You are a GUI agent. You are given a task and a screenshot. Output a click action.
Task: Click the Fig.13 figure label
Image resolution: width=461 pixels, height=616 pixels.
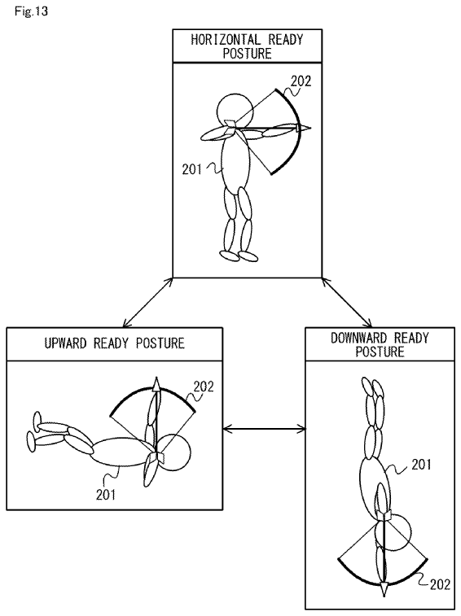31,11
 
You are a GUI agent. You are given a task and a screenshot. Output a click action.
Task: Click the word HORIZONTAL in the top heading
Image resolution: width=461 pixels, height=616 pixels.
226,40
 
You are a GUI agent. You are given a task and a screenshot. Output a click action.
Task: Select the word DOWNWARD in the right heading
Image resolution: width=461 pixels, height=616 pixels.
358,338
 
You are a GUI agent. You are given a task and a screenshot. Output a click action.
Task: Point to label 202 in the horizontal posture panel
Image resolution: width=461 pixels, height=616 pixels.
301,81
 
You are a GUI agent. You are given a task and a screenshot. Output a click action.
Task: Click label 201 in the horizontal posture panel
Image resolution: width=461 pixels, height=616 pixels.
191,169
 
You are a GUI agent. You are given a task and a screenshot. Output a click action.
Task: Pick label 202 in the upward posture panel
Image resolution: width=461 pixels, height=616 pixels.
204,387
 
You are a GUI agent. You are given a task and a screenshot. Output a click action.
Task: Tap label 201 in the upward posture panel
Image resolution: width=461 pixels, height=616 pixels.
106,494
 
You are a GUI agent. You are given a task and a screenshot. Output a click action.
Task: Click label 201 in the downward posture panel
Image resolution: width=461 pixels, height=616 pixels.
421,465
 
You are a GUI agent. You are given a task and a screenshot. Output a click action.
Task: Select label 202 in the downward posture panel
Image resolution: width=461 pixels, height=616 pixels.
440,584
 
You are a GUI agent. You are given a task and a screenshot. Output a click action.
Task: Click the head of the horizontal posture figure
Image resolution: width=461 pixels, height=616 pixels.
235,111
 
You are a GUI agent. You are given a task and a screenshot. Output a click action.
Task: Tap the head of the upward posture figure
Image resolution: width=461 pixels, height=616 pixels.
173,452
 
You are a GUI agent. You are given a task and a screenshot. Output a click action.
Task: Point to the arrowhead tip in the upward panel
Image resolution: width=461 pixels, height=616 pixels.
156,378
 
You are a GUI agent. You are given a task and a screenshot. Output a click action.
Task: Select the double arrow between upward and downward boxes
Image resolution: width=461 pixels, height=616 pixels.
264,428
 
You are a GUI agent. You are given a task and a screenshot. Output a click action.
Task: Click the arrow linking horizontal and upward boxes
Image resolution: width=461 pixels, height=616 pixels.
148,303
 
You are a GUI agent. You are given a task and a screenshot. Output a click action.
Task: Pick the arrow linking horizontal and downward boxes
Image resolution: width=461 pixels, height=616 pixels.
346,303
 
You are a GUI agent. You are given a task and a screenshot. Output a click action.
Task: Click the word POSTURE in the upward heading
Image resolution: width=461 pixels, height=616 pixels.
160,343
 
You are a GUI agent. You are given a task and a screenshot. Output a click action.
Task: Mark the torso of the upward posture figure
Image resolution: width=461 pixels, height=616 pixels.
122,452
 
